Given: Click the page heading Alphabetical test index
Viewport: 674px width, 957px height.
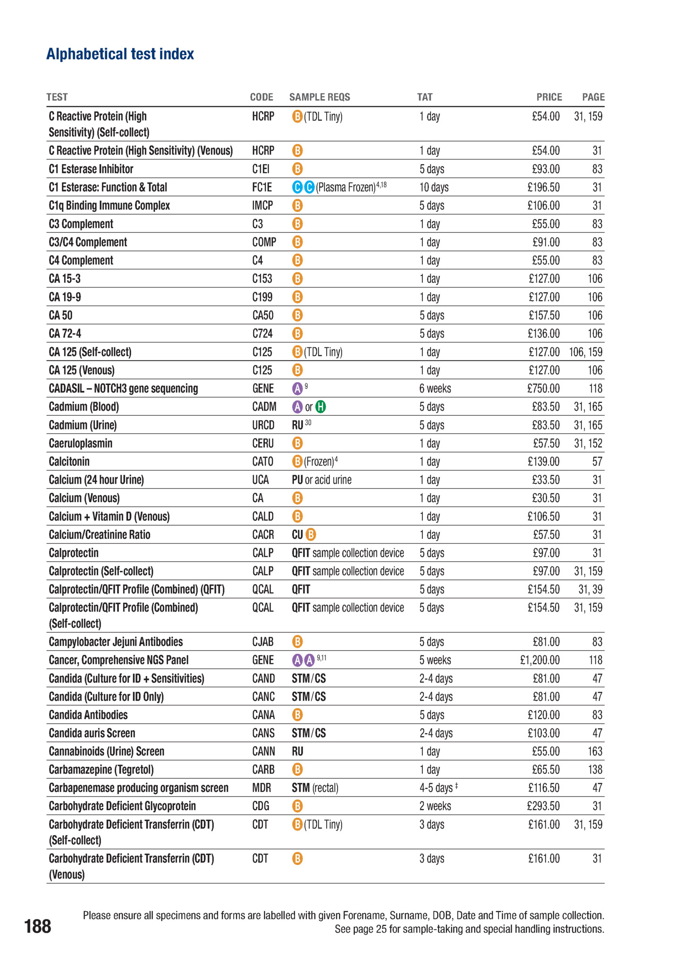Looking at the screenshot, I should point(120,54).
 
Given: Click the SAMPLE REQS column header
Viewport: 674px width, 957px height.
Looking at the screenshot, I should point(320,97).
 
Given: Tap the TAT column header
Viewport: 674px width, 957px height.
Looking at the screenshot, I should point(424,97).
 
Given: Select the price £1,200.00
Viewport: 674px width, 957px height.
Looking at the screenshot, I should point(539,660).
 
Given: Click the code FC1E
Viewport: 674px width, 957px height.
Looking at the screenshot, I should point(262,187).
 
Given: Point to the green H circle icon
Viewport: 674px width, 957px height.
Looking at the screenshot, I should point(320,407).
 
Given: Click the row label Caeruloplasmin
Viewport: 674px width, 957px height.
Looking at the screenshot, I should point(81,444).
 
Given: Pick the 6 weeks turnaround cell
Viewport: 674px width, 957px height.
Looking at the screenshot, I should point(435,389).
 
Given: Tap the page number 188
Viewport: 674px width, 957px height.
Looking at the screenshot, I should point(38,926).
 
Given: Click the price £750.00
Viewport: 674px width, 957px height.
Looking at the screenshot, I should point(543,389).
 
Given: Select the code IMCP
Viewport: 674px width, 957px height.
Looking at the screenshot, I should point(262,206).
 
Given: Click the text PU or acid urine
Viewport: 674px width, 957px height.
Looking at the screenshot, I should point(321,480).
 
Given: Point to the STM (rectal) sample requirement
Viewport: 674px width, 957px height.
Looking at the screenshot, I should point(315,788).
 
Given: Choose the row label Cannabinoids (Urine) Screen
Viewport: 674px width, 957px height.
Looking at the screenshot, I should point(107,751).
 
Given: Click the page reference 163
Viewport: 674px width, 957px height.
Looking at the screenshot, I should point(595,751).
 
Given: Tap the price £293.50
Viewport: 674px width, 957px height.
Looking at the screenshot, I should point(543,806).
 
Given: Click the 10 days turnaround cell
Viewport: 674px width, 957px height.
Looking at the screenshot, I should point(434,187).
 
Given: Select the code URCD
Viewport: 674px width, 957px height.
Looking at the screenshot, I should point(263,425).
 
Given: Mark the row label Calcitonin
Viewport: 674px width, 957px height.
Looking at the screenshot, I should point(69,462).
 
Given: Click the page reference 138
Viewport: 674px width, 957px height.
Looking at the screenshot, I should point(595,770).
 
